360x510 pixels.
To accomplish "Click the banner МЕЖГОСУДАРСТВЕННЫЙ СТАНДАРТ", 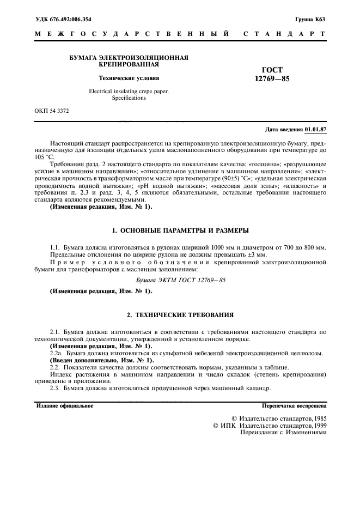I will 180,34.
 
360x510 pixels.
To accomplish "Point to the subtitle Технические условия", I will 129,78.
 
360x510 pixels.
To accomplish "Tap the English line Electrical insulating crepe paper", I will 129,92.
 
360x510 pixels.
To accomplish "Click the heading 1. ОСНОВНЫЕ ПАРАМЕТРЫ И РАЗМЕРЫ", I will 180,230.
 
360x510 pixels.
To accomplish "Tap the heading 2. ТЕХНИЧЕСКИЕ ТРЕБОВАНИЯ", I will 180,314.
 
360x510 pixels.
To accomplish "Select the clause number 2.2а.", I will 56,353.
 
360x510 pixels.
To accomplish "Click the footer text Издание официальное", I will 64,406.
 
